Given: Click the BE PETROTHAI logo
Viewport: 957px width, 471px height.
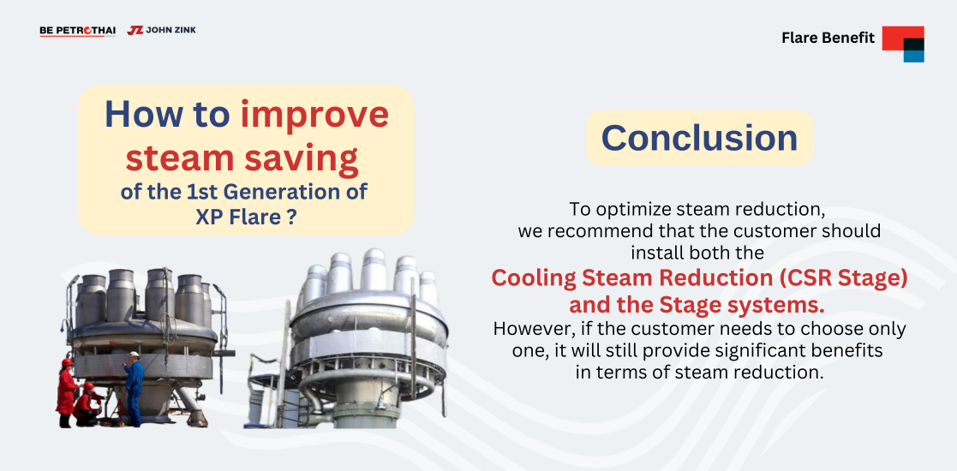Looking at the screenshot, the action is (77, 31).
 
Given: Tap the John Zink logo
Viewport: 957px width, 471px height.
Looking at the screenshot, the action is (162, 30).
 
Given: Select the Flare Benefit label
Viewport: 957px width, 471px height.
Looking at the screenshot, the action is (828, 38).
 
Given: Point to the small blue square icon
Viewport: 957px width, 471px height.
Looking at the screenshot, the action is (913, 56).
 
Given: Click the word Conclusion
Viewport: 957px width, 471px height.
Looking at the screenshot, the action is (699, 138).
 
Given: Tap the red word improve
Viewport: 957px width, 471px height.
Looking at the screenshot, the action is (314, 114).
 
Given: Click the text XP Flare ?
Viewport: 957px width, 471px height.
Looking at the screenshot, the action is (246, 217).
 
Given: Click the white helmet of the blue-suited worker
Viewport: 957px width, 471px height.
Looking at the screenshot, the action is (135, 355).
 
